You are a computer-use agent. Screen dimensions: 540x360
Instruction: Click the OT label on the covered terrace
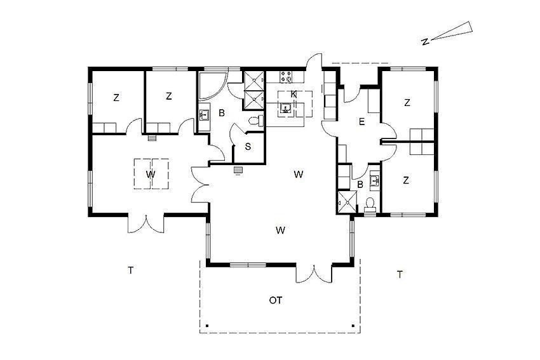[276, 300]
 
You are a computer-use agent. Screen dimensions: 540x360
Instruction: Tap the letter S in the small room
[248, 147]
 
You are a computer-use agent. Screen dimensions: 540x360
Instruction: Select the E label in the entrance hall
[361, 122]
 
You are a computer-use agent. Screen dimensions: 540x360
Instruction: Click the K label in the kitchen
[294, 94]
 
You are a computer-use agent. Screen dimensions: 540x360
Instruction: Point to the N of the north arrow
[425, 42]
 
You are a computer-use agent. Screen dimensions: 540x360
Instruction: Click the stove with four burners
[285, 76]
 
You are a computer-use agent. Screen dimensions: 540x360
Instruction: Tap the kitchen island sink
[285, 109]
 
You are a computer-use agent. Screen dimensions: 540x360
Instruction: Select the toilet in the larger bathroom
[256, 121]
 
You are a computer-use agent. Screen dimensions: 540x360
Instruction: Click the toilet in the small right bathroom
[370, 204]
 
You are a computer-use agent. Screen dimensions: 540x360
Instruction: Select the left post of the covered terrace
[206, 325]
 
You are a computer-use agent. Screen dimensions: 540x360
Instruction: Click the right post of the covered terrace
[353, 325]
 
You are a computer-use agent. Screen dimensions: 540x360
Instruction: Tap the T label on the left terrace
[130, 270]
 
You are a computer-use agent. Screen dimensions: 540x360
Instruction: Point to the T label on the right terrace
[400, 275]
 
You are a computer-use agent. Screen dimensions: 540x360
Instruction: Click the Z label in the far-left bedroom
[116, 98]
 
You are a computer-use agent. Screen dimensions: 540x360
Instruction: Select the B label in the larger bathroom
[222, 112]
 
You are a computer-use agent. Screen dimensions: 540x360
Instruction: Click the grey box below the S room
[238, 170]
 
